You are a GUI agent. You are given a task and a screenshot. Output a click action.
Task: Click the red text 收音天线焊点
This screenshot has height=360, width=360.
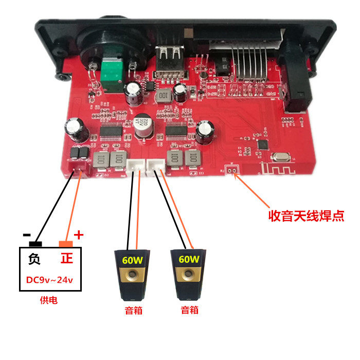tap(307, 215)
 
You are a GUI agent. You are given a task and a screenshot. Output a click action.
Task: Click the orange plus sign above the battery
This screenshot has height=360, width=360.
tap(79, 235)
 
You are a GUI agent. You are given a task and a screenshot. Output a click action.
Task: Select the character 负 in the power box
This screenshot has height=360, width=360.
tap(34, 258)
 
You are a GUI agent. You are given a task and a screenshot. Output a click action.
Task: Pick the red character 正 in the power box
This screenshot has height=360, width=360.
tap(66, 258)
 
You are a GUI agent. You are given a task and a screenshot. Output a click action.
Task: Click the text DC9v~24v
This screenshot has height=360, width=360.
tap(50, 280)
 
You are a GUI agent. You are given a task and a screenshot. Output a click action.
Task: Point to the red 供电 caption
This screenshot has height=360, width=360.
tap(49, 301)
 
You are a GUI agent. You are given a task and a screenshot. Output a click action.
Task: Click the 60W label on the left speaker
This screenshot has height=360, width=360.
tap(132, 260)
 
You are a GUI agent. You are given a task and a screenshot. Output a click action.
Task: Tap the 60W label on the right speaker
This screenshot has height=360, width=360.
tap(189, 259)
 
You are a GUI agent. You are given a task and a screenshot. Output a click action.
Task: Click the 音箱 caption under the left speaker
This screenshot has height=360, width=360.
tap(133, 310)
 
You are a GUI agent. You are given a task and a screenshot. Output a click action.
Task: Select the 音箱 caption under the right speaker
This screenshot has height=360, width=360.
tap(189, 310)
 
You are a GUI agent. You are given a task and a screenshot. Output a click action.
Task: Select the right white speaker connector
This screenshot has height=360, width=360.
tap(155, 165)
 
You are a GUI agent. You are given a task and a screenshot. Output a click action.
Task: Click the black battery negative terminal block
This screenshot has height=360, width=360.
tap(35, 243)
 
